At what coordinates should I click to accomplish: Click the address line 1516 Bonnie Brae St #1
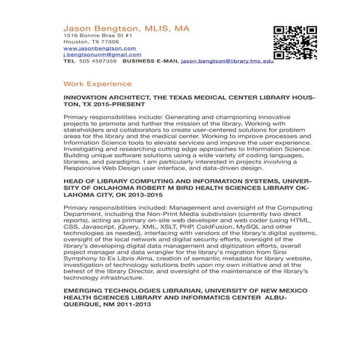coord(95,35)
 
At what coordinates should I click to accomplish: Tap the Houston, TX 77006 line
coord(86,41)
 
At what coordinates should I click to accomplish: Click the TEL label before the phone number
coord(69,62)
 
